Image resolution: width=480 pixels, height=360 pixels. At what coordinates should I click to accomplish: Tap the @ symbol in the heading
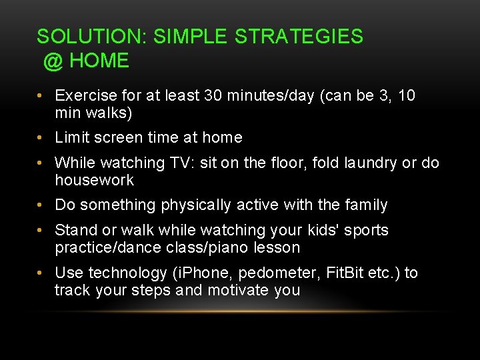(x=53, y=61)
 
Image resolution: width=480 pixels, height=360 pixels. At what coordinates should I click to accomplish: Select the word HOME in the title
(x=99, y=61)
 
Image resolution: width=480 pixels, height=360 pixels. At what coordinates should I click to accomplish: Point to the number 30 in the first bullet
(x=215, y=96)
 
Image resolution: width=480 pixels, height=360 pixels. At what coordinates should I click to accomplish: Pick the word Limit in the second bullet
(x=70, y=138)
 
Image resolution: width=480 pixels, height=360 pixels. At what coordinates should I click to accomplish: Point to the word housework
(x=94, y=181)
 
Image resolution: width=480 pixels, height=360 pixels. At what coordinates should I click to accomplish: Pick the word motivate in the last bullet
(x=239, y=291)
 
